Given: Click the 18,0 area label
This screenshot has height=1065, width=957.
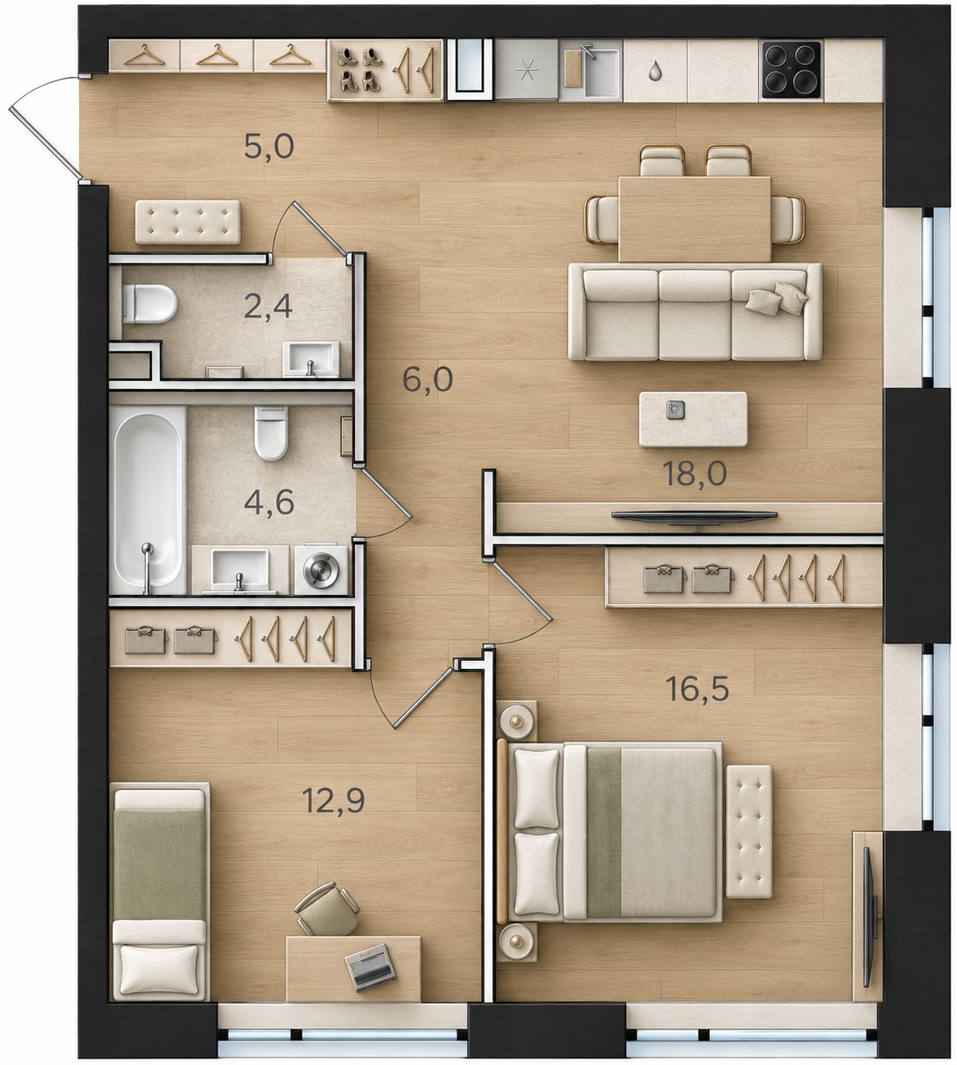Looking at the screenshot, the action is [x=694, y=473].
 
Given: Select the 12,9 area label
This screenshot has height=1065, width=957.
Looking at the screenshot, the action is [x=333, y=801].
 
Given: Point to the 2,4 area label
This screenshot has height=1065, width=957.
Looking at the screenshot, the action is [x=268, y=307].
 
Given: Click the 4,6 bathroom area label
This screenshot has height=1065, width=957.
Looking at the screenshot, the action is [x=270, y=503].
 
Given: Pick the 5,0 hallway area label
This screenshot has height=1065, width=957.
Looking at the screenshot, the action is [x=269, y=147].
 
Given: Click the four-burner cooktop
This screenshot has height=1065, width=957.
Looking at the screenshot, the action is [x=790, y=70].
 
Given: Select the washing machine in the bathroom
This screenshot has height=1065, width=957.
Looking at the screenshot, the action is [x=322, y=568].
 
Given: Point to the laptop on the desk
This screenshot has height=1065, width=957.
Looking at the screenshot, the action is [x=370, y=962].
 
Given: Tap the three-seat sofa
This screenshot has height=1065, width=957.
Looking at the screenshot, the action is [x=695, y=312].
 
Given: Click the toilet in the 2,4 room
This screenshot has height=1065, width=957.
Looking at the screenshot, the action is [x=151, y=303].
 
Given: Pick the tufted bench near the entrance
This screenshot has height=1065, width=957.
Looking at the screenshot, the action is [x=188, y=222].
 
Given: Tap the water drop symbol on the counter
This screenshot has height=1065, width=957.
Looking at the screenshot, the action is [x=654, y=70].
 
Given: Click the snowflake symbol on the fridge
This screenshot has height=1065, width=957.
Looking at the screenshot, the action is [x=526, y=71].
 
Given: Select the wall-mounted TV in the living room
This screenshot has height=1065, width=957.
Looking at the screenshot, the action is [x=694, y=515].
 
